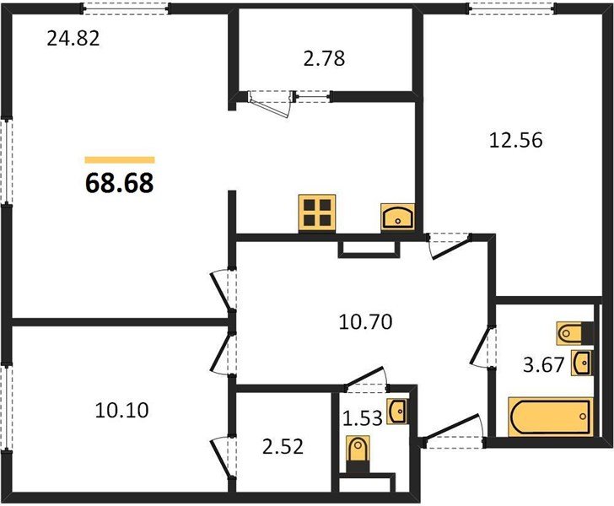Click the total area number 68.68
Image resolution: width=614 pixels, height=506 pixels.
pos(120,183)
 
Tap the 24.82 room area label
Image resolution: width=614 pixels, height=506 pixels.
pos(73,39)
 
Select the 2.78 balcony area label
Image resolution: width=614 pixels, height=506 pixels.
pos(324,58)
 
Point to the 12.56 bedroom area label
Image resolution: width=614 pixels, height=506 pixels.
pos(516,140)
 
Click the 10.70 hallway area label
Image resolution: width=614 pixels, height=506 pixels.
pos(365,322)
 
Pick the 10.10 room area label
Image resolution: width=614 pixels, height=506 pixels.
pos(121,411)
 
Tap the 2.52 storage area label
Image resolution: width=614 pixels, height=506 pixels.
pos(283,447)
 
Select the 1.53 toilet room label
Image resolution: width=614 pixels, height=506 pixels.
pos(363,418)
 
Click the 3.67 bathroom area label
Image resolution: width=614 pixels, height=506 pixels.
pos(543,365)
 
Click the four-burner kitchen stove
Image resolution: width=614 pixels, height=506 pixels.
pos(317,213)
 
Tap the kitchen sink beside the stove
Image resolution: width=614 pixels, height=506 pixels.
pos(398,217)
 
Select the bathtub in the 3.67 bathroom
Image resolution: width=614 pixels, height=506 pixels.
pos(550,417)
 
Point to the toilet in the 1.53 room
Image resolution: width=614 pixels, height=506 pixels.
pos(358,454)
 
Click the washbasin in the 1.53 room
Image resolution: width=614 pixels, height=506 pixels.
pos(397,412)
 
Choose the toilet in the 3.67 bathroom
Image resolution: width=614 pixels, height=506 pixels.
pos(575,334)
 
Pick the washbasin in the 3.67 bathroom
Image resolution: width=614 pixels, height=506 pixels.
pos(581,363)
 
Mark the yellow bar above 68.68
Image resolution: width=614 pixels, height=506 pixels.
pos(120,159)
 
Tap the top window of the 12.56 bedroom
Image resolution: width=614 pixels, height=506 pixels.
pos(512,8)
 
